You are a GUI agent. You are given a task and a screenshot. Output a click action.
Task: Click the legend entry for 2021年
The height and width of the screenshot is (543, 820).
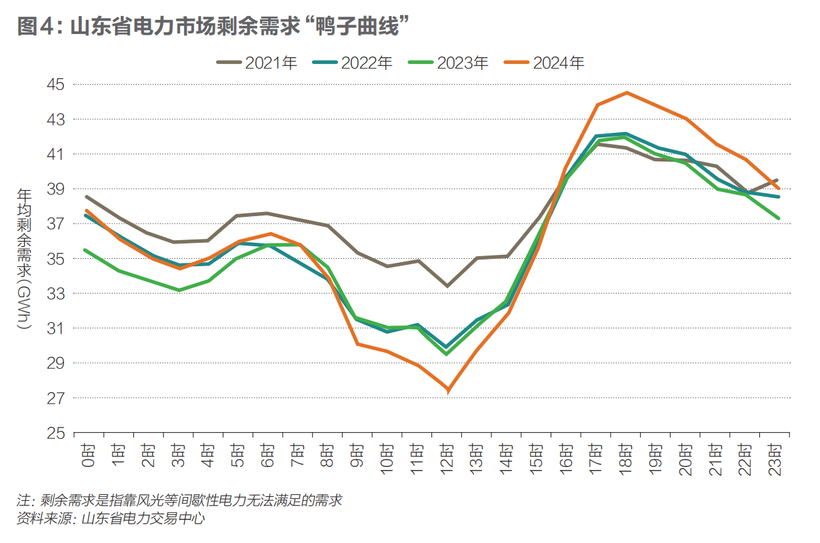[256, 63]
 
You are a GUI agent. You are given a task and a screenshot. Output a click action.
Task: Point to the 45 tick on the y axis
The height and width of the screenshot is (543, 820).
[56, 85]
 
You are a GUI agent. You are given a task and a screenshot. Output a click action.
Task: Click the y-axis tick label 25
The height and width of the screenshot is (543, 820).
[56, 433]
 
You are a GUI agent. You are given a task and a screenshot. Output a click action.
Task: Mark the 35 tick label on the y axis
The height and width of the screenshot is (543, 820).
[56, 259]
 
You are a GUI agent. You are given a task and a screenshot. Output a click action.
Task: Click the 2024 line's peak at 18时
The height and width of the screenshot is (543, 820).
[627, 93]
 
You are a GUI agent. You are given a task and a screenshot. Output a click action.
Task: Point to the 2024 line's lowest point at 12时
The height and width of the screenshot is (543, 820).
[447, 390]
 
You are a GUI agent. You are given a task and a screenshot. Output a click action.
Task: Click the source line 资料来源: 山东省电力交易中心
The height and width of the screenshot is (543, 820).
[111, 518]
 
